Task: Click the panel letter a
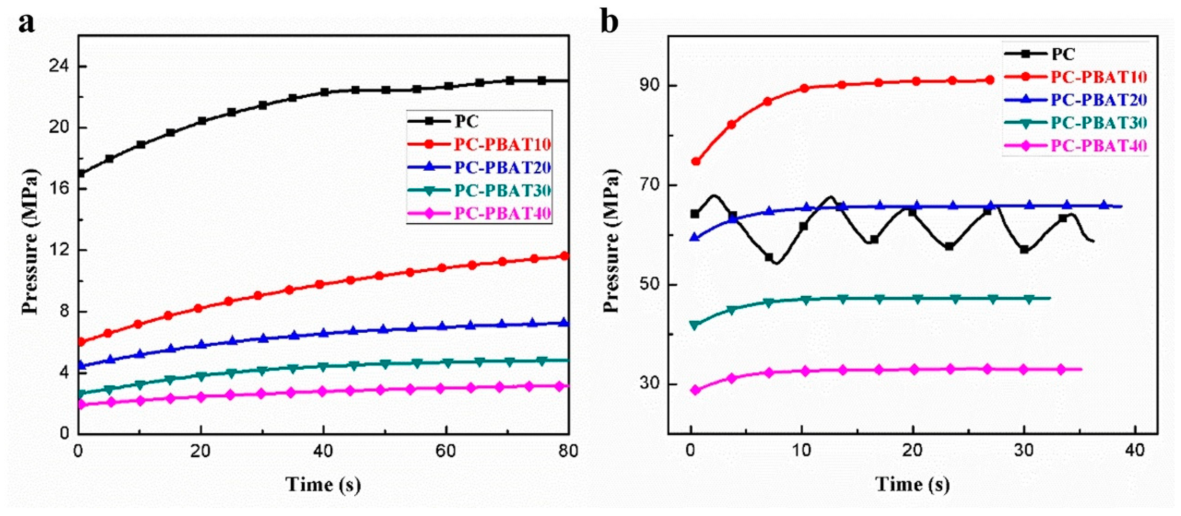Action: [x=27, y=23]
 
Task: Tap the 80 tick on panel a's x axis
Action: [x=568, y=452]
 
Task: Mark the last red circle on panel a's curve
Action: [x=565, y=256]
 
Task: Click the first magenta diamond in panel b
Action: [x=695, y=390]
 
